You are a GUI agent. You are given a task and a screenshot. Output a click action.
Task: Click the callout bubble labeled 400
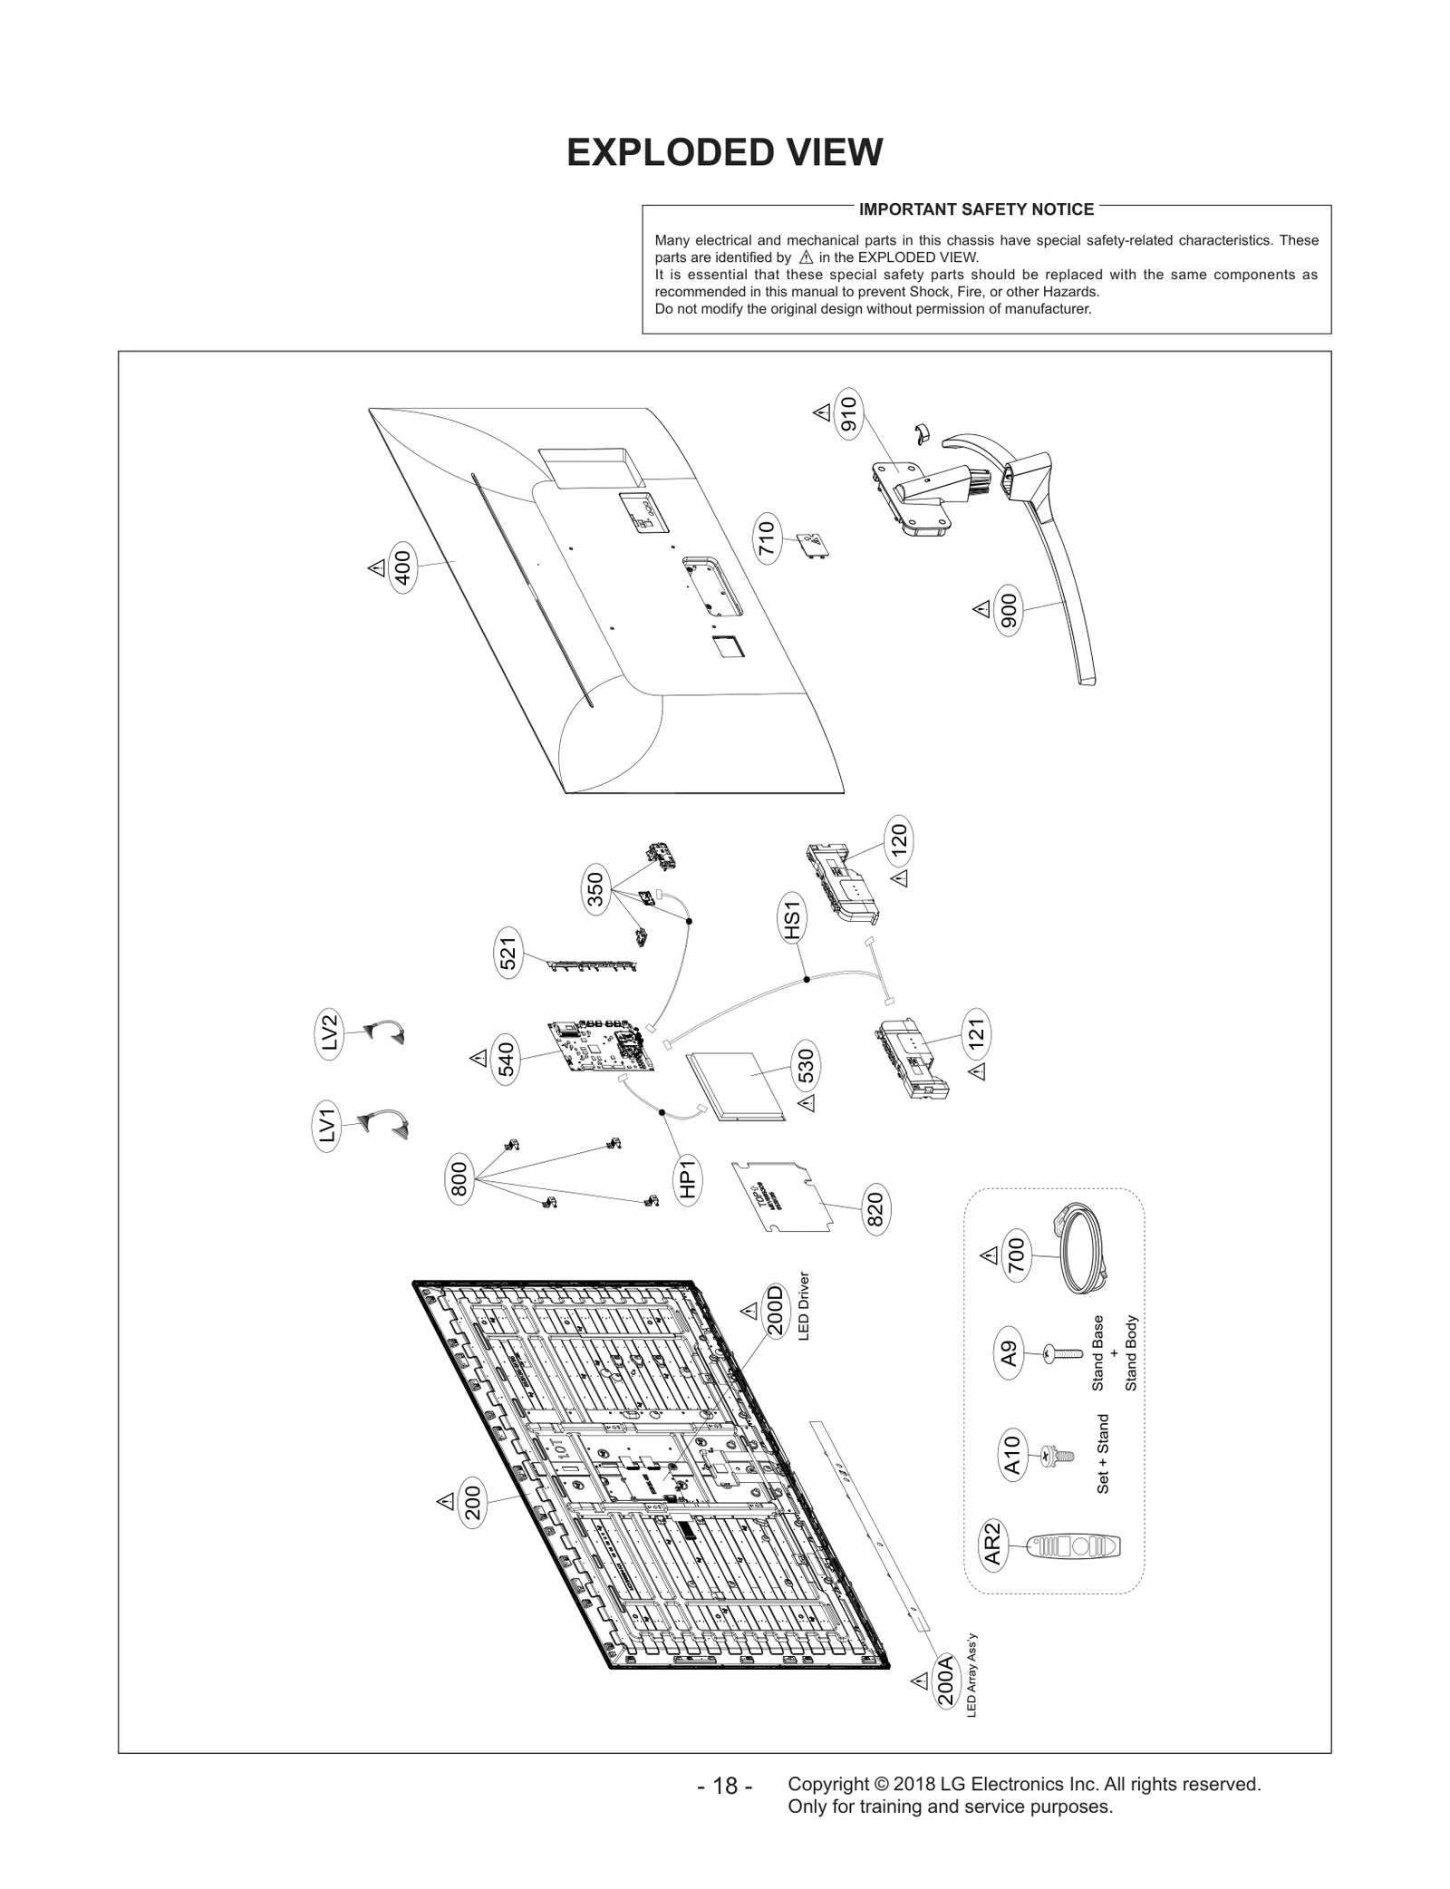(x=403, y=567)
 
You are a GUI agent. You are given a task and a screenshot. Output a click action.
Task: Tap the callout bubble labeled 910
(x=848, y=416)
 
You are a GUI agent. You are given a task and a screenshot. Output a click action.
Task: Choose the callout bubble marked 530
(x=805, y=1066)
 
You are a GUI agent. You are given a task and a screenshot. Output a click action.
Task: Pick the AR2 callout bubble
(x=992, y=1544)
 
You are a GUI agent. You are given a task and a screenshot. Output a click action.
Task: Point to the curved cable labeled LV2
(x=385, y=1032)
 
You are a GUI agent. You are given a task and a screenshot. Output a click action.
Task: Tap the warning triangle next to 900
(x=981, y=608)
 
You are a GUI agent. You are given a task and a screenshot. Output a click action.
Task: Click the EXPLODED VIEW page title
(x=724, y=152)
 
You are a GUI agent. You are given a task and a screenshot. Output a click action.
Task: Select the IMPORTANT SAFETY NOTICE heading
(x=976, y=209)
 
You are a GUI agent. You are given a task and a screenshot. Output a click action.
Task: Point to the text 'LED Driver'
(x=803, y=1306)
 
